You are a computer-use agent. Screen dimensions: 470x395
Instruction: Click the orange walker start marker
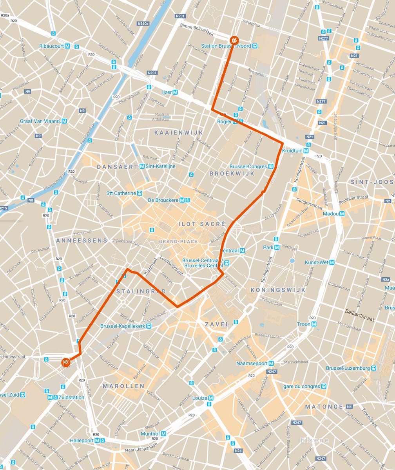[234, 40]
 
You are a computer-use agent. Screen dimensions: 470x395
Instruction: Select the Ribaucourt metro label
[54, 46]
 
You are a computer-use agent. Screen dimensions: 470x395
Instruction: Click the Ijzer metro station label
[170, 92]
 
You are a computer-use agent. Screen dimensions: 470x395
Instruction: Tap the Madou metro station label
[333, 214]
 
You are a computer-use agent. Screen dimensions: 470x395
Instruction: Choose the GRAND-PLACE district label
[178, 242]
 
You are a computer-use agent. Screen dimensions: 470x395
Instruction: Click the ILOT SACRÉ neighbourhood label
[202, 224]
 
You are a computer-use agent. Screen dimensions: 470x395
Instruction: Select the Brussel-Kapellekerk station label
[123, 326]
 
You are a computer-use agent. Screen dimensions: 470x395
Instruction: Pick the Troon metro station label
[303, 324]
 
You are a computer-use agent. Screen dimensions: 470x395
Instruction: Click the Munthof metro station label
[153, 434]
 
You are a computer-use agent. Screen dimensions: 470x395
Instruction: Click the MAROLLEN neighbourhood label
[124, 386]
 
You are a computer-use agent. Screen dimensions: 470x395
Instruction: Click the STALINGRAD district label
[141, 291]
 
